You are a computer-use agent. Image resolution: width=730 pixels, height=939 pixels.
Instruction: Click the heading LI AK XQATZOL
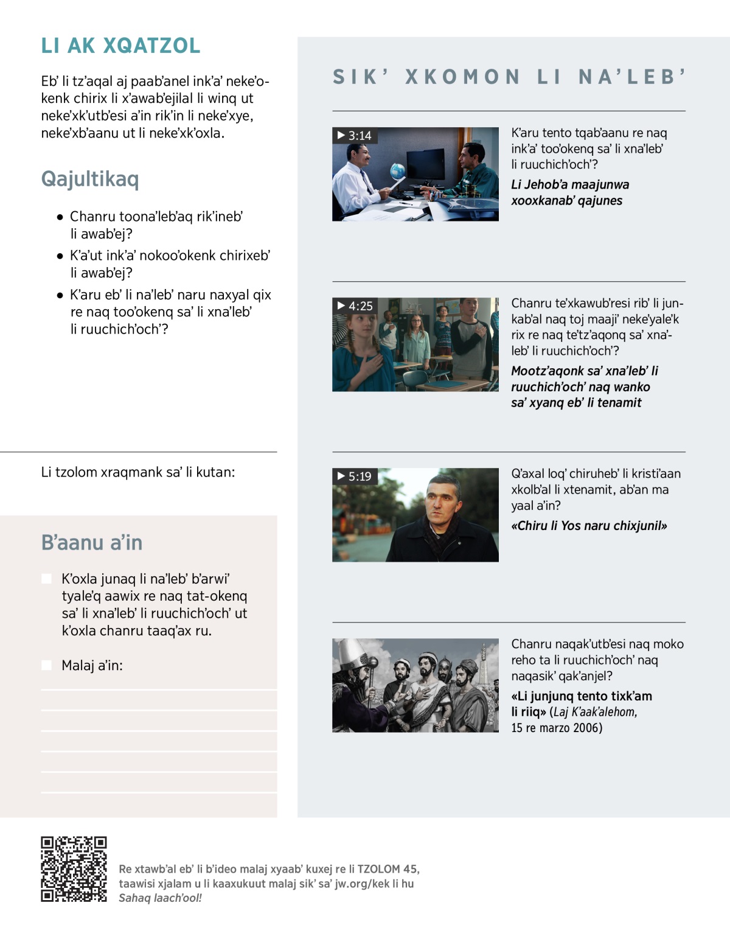click(x=120, y=46)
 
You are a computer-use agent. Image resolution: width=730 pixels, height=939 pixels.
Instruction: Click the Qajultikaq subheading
click(x=90, y=179)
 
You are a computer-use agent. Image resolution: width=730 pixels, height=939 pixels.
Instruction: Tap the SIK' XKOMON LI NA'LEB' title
click(x=509, y=77)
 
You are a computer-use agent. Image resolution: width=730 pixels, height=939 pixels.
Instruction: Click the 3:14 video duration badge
click(x=355, y=135)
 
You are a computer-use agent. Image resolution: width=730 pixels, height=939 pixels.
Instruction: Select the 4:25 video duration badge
click(x=355, y=305)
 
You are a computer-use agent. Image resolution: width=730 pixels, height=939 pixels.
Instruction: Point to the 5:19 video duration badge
click(x=355, y=476)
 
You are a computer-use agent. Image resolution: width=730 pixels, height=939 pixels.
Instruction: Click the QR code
click(x=74, y=869)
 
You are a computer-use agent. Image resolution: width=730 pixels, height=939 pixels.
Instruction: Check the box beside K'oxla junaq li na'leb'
click(x=47, y=578)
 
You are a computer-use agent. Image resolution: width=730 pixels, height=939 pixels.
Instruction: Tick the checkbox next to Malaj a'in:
click(x=47, y=665)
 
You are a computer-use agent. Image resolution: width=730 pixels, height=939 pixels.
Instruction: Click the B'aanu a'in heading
click(x=92, y=542)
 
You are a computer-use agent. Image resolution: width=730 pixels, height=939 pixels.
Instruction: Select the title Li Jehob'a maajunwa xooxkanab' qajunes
click(x=570, y=192)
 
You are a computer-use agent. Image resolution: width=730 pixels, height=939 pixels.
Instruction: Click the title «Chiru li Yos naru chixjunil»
click(x=589, y=526)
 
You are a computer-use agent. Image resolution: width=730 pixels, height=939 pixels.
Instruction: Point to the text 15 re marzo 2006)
click(x=556, y=728)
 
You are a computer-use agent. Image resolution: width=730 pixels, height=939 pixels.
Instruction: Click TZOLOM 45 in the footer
click(x=388, y=869)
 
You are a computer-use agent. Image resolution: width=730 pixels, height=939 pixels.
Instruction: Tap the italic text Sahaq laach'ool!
click(x=160, y=898)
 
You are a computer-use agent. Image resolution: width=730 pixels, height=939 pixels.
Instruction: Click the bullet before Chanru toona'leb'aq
click(x=60, y=217)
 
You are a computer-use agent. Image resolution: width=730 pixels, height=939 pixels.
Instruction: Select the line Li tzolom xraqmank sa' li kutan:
click(x=138, y=472)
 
